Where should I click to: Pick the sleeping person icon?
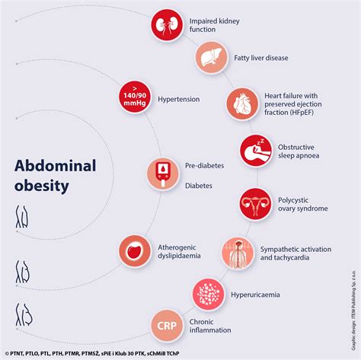[256, 150]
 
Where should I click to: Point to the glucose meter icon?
[162, 174]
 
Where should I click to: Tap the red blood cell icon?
[135, 250]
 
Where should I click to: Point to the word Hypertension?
[179, 99]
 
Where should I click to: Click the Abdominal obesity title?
[56, 175]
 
